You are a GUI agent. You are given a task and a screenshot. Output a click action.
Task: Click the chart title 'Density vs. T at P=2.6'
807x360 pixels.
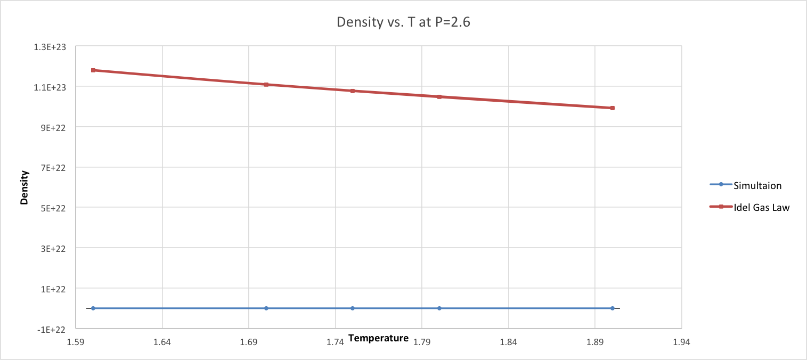[x=403, y=23]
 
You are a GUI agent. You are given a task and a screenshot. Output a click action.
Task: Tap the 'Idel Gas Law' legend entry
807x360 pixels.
[x=761, y=207]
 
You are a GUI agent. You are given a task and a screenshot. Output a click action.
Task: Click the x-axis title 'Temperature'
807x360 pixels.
[x=378, y=338]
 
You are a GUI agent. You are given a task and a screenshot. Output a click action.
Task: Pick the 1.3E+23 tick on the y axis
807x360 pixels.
[x=51, y=46]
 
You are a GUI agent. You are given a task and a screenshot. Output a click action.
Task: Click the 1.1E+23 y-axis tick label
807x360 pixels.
[x=51, y=87]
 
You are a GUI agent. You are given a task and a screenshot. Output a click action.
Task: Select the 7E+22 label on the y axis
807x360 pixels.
[x=53, y=167]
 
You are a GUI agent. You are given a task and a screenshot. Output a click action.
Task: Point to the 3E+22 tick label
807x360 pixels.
[x=53, y=248]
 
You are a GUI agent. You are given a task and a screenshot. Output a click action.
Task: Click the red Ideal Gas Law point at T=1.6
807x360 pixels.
[x=93, y=70]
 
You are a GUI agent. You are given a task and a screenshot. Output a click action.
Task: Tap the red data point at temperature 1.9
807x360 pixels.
[x=613, y=108]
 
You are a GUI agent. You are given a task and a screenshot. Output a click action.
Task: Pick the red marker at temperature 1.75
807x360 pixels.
[x=353, y=91]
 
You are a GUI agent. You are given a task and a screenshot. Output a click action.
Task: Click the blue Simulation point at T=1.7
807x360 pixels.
[x=266, y=308]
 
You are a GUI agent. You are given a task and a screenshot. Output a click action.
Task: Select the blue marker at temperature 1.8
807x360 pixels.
[x=439, y=308]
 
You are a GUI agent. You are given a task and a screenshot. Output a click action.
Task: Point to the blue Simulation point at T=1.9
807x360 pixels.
[x=613, y=308]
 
